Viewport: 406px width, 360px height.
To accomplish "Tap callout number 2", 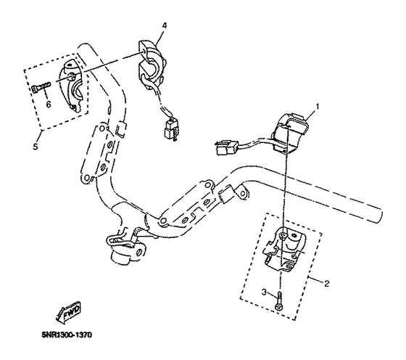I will click(326, 284).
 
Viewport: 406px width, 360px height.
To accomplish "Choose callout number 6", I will click(49, 104).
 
